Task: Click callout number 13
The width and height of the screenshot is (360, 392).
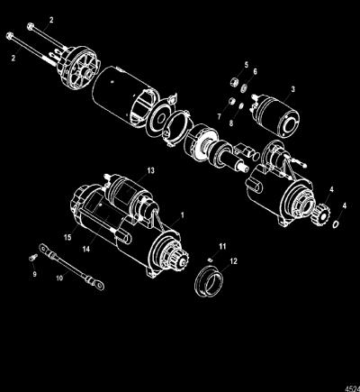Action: point(150,170)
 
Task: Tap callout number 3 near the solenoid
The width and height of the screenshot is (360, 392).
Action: point(292,89)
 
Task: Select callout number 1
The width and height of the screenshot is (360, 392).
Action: point(182,215)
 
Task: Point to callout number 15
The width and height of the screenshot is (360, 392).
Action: point(67,237)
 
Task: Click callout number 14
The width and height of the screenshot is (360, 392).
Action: point(86,249)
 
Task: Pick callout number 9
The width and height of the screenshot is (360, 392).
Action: point(34,274)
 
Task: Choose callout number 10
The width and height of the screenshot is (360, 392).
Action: point(59,278)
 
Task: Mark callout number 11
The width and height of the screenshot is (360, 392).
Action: point(222,247)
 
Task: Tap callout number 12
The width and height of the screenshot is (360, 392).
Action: point(233,261)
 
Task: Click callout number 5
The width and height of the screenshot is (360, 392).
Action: point(247,65)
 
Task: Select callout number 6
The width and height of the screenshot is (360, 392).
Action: point(255,72)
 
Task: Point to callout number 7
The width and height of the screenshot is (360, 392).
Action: point(219,116)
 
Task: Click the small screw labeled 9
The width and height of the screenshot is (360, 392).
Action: point(33,257)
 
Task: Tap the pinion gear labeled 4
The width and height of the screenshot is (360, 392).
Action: point(321,214)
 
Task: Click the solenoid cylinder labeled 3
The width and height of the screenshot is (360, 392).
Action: point(277,116)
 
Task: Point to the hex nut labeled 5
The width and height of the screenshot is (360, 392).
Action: point(235,82)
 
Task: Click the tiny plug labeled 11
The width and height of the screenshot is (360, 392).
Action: point(211,260)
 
